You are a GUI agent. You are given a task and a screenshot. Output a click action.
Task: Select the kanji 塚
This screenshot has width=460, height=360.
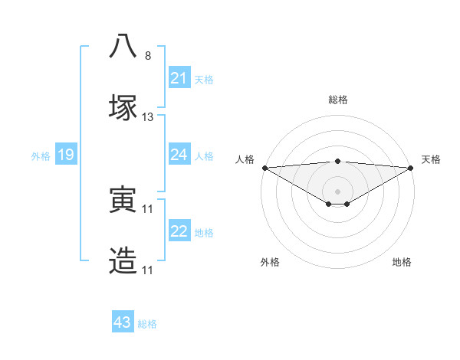(123, 107)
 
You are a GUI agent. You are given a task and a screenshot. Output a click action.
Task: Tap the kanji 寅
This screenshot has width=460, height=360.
(123, 199)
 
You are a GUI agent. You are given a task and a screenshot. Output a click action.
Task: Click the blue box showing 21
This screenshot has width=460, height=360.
(179, 78)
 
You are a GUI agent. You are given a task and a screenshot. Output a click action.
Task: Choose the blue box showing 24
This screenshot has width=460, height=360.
(179, 155)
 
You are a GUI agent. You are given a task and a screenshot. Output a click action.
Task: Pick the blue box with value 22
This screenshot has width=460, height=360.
(179, 231)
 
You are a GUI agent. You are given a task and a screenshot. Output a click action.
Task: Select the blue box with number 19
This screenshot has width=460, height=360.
(65, 155)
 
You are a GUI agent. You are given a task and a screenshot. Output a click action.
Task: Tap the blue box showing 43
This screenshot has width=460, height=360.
(123, 322)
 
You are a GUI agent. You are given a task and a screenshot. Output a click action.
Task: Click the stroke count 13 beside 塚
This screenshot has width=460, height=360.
(148, 117)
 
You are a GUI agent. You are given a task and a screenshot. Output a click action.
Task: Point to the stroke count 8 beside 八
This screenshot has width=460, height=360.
(148, 55)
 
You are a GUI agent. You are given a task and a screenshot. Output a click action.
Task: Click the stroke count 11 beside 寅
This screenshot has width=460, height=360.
(148, 208)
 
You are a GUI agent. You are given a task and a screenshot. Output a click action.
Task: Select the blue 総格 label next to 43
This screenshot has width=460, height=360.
(147, 324)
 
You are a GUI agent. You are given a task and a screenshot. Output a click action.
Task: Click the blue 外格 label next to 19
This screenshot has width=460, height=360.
(41, 156)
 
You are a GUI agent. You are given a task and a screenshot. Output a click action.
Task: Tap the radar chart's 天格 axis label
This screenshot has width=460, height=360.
(431, 159)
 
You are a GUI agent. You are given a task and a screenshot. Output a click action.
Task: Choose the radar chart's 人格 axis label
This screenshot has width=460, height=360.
(245, 159)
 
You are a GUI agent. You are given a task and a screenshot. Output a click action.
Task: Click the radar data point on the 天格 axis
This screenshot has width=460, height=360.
(412, 167)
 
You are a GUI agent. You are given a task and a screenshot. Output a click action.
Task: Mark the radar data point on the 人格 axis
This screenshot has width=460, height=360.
(264, 167)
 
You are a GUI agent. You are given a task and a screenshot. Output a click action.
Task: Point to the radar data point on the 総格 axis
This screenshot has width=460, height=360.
(338, 161)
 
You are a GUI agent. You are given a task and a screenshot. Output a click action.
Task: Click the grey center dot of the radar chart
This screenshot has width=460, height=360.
(338, 191)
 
